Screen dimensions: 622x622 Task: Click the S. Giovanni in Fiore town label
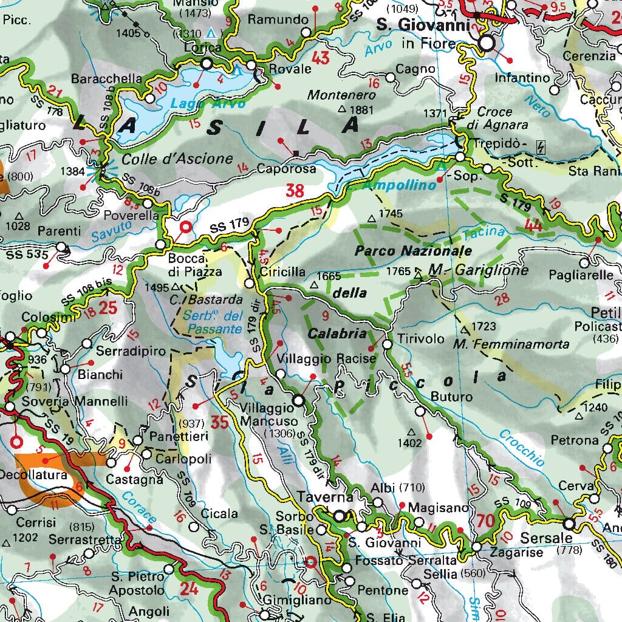423,34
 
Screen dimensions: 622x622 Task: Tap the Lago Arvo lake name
199,104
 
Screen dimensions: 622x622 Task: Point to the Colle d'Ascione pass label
177,159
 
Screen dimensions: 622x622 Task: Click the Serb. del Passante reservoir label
215,323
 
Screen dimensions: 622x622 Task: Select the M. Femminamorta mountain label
511,344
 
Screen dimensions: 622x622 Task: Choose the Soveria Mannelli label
74,402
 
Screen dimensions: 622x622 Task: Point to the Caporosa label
287,169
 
